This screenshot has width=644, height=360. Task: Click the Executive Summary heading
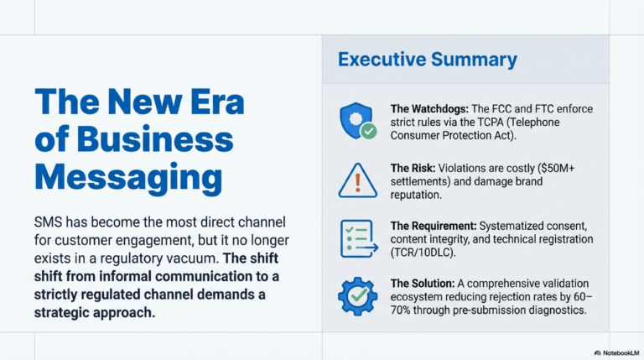[x=427, y=60]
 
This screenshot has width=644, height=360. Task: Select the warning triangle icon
[x=356, y=179]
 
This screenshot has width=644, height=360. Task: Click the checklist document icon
[x=356, y=237]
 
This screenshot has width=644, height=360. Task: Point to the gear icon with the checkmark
[x=356, y=295]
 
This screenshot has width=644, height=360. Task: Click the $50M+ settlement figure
[x=561, y=166]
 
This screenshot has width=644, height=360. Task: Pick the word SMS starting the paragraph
[x=48, y=222]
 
